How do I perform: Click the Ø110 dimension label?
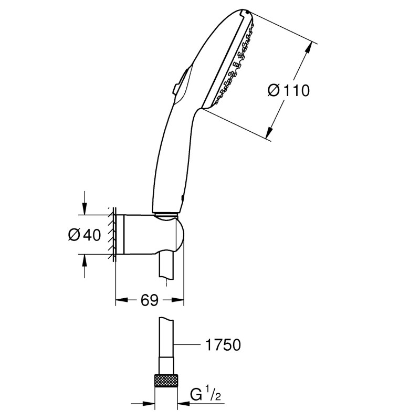pos(288,90)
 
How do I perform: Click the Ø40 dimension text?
pos(84,235)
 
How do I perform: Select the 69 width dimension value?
pos(150,300)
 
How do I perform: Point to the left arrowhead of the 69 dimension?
pos(120,301)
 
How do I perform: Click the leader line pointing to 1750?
pos(189,344)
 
